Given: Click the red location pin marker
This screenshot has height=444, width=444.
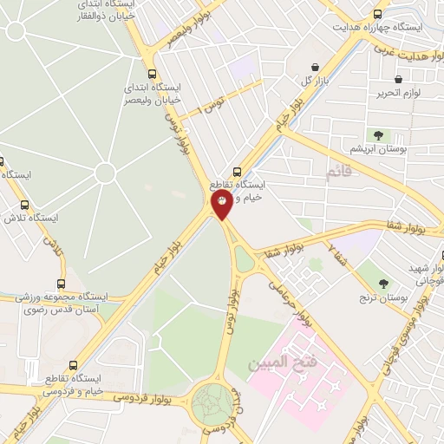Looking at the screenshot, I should click(x=222, y=203).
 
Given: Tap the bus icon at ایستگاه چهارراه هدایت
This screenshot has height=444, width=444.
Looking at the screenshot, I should click(x=377, y=14).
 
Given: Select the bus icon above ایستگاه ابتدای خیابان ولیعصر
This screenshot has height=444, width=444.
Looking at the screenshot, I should click(x=153, y=74).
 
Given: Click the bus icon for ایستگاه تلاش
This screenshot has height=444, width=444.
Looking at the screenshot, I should click(x=25, y=205).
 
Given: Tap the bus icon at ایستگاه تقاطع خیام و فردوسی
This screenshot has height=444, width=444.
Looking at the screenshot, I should click(x=73, y=366).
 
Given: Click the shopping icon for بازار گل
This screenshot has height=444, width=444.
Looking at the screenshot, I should click(x=314, y=67).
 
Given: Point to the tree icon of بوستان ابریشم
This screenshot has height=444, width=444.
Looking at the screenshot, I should click(x=377, y=134).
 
